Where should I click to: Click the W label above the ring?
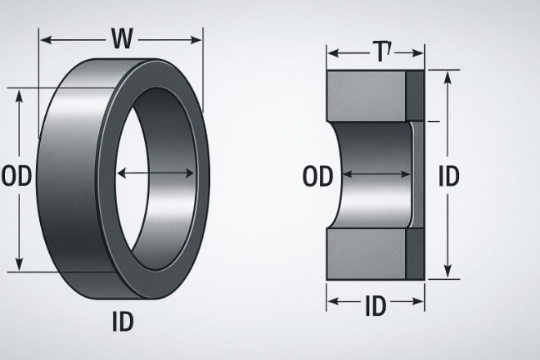[121, 38]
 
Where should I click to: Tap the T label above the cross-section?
[380, 55]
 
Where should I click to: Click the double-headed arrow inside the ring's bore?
[156, 173]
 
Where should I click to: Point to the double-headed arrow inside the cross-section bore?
[376, 173]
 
